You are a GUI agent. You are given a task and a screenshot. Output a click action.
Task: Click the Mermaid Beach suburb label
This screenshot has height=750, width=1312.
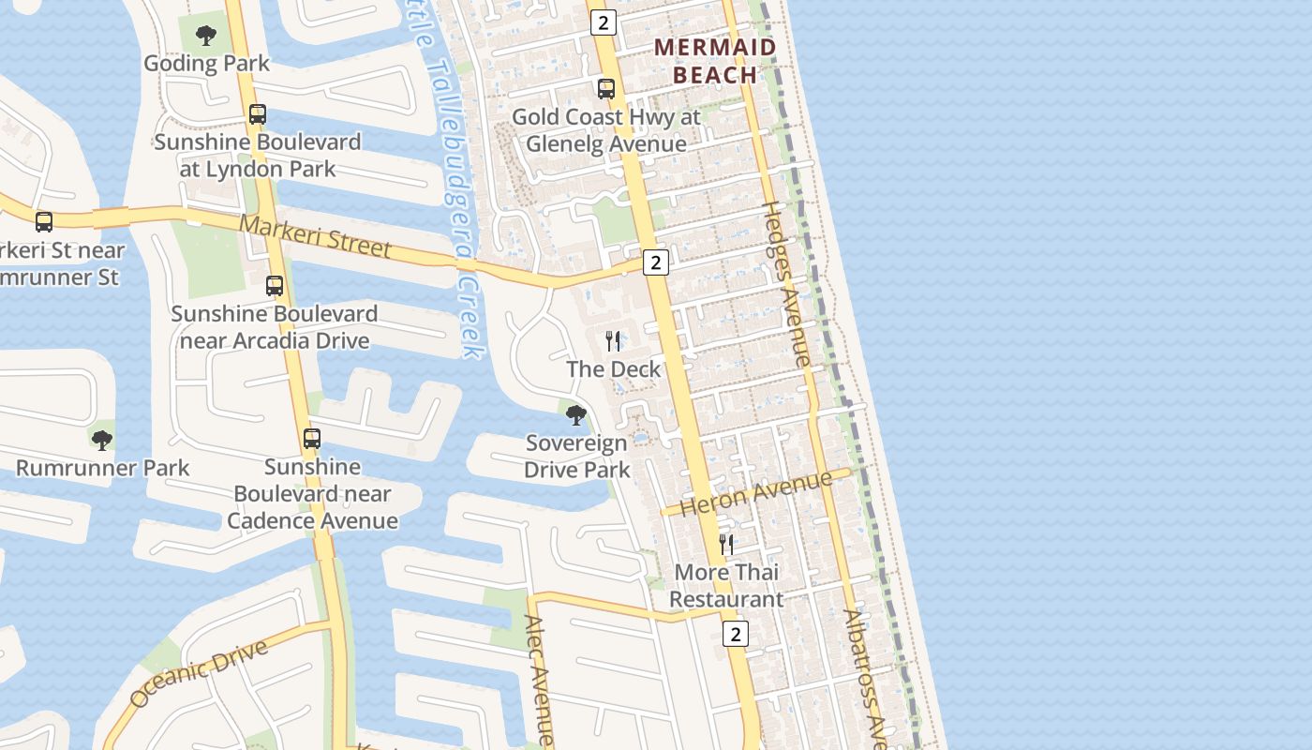(715, 61)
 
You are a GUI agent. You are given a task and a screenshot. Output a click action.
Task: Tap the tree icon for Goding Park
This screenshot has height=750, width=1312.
(206, 37)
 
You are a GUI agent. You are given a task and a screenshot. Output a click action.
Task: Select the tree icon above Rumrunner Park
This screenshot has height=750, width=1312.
(102, 440)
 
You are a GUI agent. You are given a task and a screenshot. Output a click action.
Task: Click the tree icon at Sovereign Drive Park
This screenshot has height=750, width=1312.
(576, 414)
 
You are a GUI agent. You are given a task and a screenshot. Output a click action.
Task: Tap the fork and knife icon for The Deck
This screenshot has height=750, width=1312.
(613, 340)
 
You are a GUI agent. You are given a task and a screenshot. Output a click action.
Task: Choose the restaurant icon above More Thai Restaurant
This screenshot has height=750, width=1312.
(726, 544)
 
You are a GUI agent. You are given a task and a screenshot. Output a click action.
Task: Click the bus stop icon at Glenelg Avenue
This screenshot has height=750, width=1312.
(606, 89)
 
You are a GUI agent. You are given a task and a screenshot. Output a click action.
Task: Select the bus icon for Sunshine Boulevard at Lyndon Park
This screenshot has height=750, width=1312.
(258, 114)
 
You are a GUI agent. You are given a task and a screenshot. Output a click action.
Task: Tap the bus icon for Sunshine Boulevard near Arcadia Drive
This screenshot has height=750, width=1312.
(275, 286)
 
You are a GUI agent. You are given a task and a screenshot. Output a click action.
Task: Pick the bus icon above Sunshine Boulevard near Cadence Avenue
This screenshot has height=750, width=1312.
(312, 438)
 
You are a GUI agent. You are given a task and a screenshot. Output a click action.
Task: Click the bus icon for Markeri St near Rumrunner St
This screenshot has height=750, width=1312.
(44, 222)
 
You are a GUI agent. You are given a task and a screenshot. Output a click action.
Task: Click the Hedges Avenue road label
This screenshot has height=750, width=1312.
(786, 284)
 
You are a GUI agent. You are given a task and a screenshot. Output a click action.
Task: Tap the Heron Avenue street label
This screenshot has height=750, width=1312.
(755, 494)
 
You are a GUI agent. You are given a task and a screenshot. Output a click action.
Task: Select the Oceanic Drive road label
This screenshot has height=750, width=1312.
(198, 673)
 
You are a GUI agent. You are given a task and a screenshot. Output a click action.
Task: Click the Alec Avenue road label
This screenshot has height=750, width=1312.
(539, 680)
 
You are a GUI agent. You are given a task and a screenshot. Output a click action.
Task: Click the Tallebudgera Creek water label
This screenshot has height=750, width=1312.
(450, 178)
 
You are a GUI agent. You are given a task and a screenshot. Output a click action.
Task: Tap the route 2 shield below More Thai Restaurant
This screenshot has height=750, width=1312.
(736, 634)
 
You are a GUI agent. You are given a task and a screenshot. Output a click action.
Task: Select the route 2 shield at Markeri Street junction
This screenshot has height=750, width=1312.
(656, 262)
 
